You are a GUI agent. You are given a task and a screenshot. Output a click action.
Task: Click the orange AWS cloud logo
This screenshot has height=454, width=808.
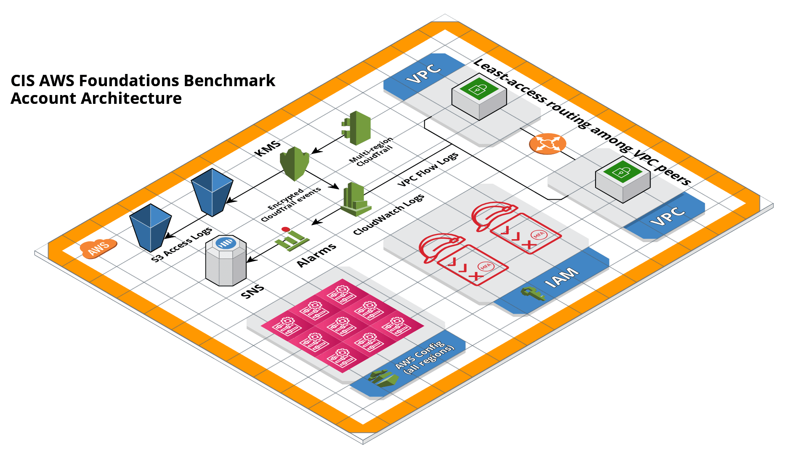click(x=98, y=248)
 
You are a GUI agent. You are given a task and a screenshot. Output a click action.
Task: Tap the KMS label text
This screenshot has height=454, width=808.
click(x=268, y=148)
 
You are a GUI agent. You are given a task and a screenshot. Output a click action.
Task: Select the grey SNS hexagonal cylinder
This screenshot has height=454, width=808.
click(x=226, y=261)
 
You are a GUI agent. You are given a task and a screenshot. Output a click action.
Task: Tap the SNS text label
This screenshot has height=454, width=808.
click(x=252, y=291)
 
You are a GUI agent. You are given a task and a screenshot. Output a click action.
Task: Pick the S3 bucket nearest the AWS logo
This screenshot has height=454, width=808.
click(x=150, y=227)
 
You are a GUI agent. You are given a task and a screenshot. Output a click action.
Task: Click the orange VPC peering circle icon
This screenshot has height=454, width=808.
click(x=548, y=144)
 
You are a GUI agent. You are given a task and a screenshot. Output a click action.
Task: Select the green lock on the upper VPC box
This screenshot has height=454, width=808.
click(x=478, y=89)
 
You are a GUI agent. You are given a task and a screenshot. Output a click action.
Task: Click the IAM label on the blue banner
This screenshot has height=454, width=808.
click(x=561, y=278)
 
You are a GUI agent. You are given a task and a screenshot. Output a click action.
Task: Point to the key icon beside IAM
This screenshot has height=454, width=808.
click(x=533, y=293)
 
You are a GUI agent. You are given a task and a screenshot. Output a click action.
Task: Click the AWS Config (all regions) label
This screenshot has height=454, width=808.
click(x=425, y=358)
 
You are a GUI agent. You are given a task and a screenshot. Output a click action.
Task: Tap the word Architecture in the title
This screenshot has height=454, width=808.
click(x=131, y=98)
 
